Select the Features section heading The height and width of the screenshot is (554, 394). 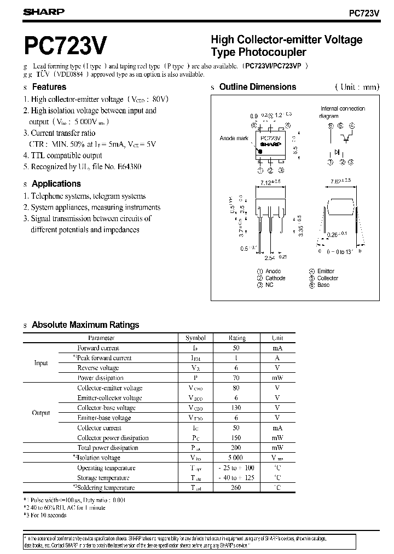(x=49, y=87)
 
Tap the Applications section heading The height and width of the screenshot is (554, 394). (x=56, y=184)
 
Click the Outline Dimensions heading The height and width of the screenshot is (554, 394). (x=257, y=87)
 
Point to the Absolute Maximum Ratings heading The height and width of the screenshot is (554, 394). (x=85, y=325)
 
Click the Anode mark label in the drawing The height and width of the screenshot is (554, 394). (x=234, y=138)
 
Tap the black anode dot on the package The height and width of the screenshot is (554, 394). (x=260, y=151)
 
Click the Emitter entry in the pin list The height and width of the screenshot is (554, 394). (x=326, y=271)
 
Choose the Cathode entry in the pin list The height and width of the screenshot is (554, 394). (x=275, y=278)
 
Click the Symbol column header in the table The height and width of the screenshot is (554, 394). (x=195, y=338)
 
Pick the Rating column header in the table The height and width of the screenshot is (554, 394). (x=237, y=338)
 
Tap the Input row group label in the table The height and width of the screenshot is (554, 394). (x=41, y=363)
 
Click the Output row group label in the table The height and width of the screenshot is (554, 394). (x=41, y=413)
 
